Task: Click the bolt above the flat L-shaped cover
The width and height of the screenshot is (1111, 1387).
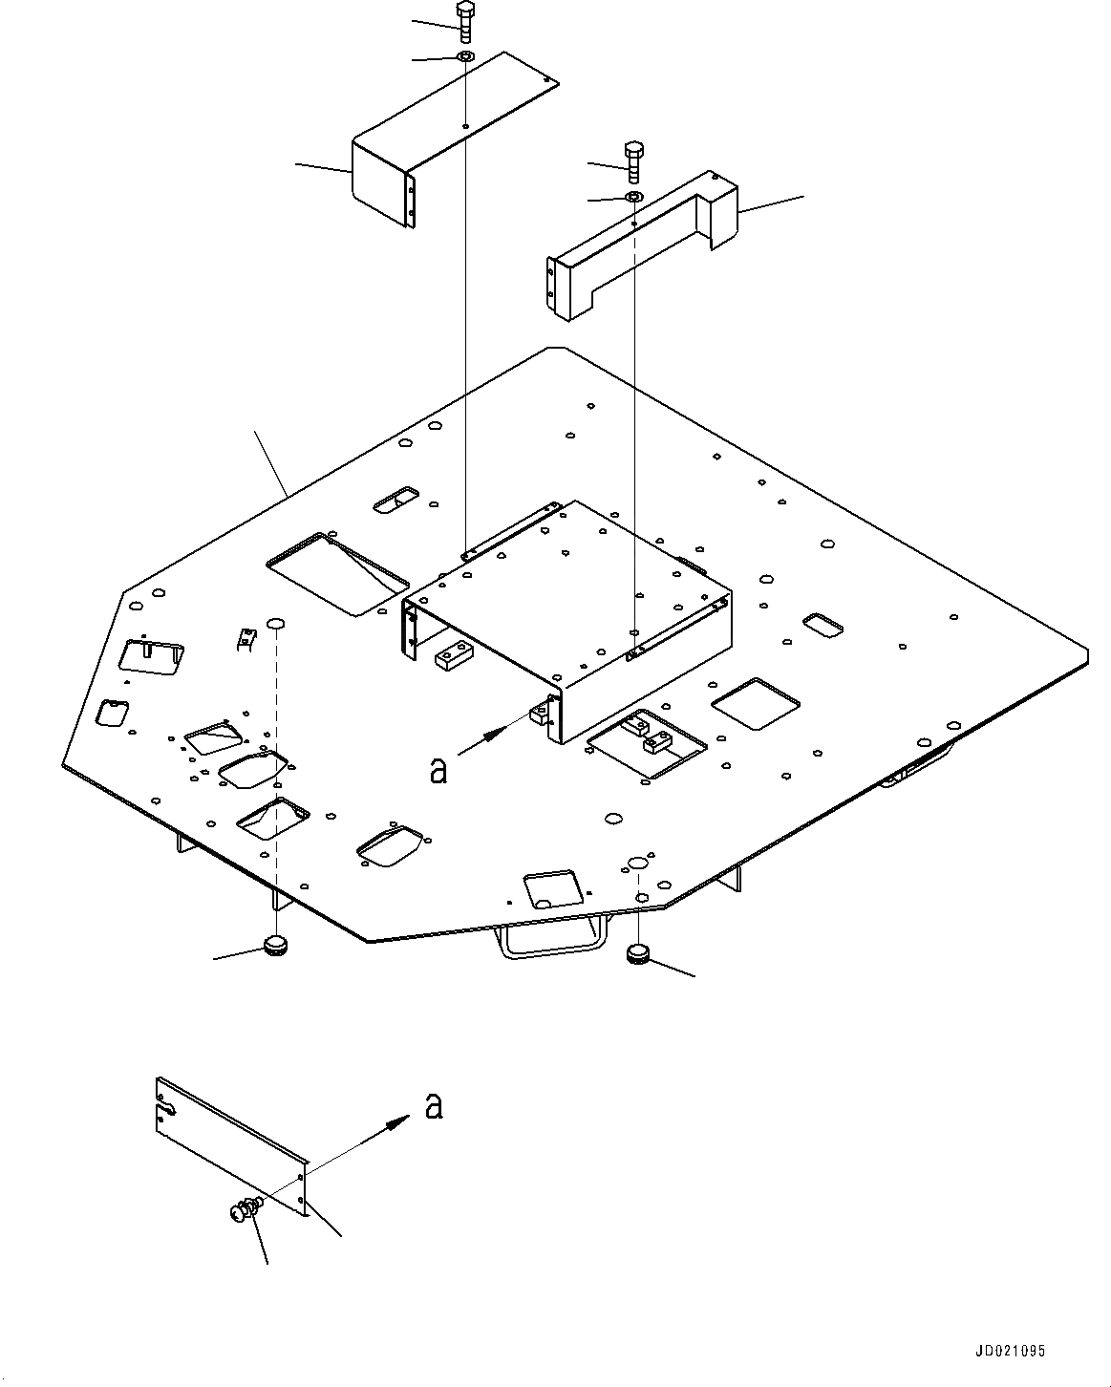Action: point(465,21)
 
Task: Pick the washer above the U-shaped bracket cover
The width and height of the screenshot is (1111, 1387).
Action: point(634,197)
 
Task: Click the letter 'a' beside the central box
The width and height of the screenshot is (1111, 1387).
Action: point(438,770)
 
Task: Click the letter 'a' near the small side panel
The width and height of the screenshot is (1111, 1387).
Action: point(434,1106)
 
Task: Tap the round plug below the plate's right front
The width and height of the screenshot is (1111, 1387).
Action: point(637,952)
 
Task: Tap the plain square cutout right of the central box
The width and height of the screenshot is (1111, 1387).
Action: point(757,705)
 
